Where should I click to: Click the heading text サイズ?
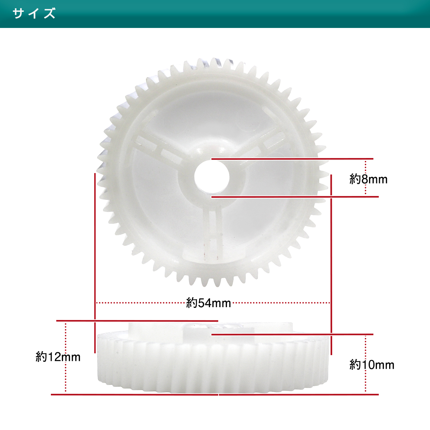pyautogui.click(x=34, y=13)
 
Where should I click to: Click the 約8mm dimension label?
pyautogui.click(x=368, y=180)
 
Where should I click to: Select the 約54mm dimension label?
pyautogui.click(x=208, y=303)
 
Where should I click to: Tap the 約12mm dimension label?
pyautogui.click(x=58, y=357)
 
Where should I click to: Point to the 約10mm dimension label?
pyautogui.click(x=372, y=365)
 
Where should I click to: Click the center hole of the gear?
pyautogui.click(x=212, y=177)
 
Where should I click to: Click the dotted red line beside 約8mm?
pyautogui.click(x=365, y=178)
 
